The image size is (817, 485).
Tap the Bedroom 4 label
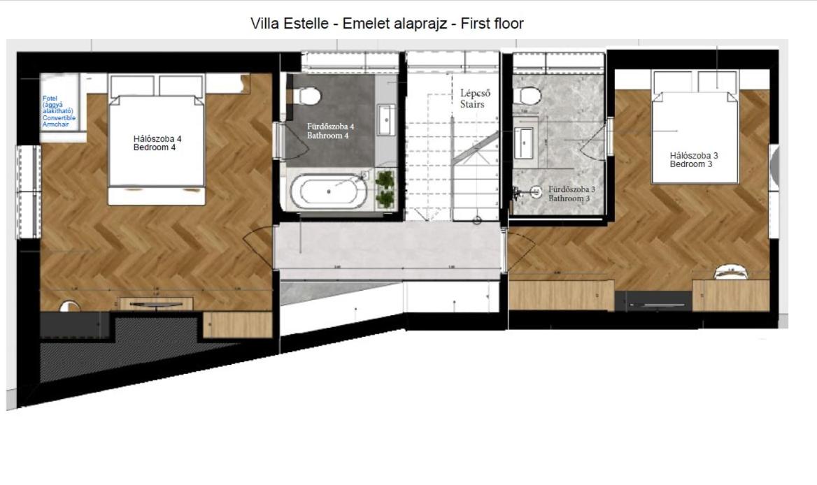[x=158, y=143]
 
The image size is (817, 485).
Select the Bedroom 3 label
[x=694, y=160]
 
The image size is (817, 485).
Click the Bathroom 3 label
[x=571, y=194]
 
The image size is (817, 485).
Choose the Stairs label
[x=472, y=99]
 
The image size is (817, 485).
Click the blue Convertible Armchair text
[x=59, y=111]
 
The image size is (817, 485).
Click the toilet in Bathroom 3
[x=531, y=95]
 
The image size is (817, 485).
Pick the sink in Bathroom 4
[x=386, y=119]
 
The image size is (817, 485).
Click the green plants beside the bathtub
[x=384, y=189]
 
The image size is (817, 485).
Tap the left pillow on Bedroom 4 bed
[x=132, y=86]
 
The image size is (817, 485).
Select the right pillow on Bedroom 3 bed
[x=718, y=81]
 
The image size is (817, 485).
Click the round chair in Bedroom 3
[x=730, y=273]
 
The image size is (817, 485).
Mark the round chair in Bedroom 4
[x=69, y=305]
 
